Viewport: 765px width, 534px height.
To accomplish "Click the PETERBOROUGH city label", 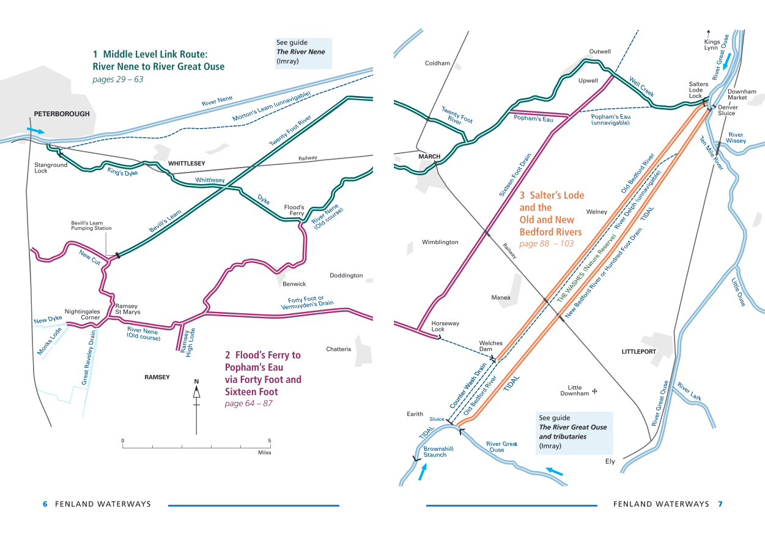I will click(62, 114).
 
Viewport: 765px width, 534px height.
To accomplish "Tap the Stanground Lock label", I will click(51, 168).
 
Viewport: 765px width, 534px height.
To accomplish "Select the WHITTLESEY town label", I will click(187, 163).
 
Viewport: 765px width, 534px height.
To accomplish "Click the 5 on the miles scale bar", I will click(269, 440).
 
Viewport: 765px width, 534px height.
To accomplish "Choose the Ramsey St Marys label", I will click(128, 309).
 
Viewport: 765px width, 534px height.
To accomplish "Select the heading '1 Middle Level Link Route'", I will click(158, 60).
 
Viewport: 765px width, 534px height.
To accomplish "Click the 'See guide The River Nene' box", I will click(303, 53).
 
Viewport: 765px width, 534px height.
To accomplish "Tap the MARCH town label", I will click(429, 157).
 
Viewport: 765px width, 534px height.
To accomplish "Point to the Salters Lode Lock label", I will click(698, 90).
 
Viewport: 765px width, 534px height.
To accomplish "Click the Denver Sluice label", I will click(727, 110).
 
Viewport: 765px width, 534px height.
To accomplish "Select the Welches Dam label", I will click(490, 346).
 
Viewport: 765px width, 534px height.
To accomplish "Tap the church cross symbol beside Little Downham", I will click(594, 391).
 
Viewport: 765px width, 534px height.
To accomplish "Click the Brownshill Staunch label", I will click(435, 451).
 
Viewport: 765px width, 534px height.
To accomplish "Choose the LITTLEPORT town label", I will click(638, 352).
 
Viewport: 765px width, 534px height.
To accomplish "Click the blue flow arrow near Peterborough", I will click(36, 131).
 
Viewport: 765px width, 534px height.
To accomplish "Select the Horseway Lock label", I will click(445, 326).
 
